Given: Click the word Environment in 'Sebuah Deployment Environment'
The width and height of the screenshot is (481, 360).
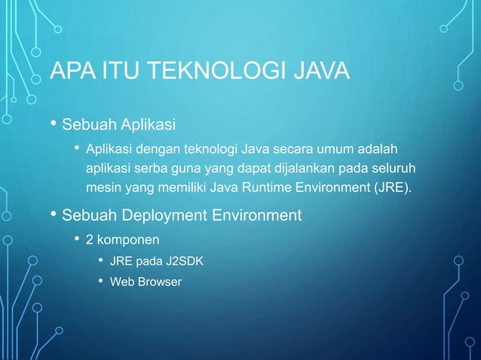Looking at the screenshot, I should click(x=259, y=216).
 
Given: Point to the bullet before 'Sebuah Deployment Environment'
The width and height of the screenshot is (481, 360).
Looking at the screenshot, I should click(x=53, y=215).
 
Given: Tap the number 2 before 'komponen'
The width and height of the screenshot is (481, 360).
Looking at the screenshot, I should click(x=89, y=241).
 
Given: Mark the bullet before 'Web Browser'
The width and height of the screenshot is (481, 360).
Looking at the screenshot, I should click(x=100, y=282).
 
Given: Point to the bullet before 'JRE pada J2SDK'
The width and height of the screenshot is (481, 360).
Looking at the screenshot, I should click(x=100, y=261).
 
